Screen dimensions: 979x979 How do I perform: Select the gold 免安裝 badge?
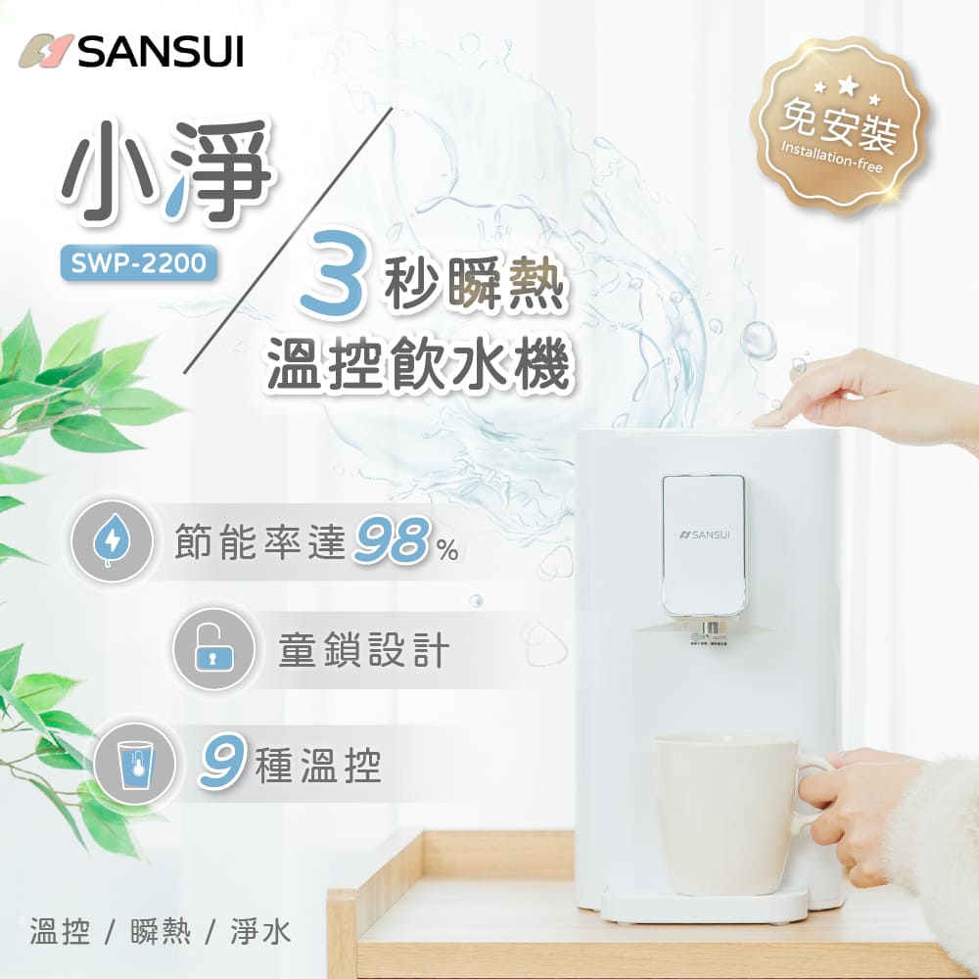841,128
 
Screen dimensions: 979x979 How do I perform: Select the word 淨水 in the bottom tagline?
262,930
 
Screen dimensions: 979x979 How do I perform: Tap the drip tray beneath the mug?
705,906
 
